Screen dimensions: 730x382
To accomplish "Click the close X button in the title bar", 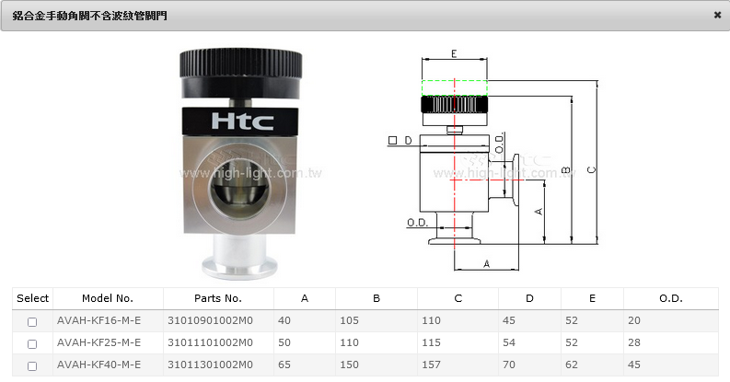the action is (x=717, y=15).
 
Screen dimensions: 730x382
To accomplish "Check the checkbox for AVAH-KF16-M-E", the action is (x=32, y=321).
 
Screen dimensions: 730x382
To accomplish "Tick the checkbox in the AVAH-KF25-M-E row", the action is (x=32, y=344).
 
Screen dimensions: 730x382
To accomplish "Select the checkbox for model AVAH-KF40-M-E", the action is (x=32, y=366).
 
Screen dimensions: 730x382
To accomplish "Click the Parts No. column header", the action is (x=218, y=298).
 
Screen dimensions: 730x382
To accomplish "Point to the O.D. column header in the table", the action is (x=670, y=298).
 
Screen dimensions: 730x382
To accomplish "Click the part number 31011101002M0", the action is (x=210, y=342).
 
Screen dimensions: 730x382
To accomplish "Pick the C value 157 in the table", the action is (x=431, y=365).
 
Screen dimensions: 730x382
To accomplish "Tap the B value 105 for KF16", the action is (x=349, y=320).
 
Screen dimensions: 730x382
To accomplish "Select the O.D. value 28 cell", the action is (x=633, y=342).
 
